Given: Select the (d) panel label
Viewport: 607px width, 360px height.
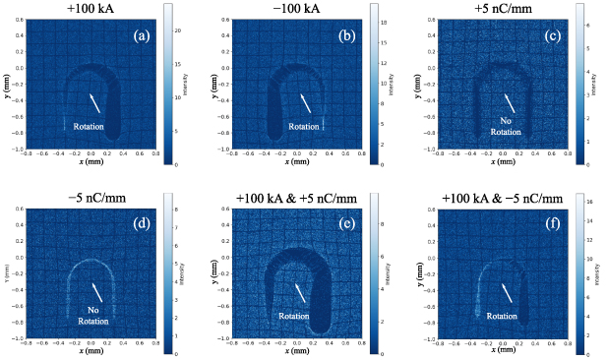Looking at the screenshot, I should click(x=141, y=223).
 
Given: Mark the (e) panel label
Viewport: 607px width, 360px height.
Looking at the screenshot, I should click(x=346, y=223).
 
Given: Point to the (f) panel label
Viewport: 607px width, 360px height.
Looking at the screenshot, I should click(x=553, y=223).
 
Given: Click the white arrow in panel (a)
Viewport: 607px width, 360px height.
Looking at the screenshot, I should click(x=95, y=103).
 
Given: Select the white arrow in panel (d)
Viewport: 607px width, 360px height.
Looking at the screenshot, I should click(x=95, y=291).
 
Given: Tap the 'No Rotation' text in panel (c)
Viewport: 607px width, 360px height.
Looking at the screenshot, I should click(x=505, y=126).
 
